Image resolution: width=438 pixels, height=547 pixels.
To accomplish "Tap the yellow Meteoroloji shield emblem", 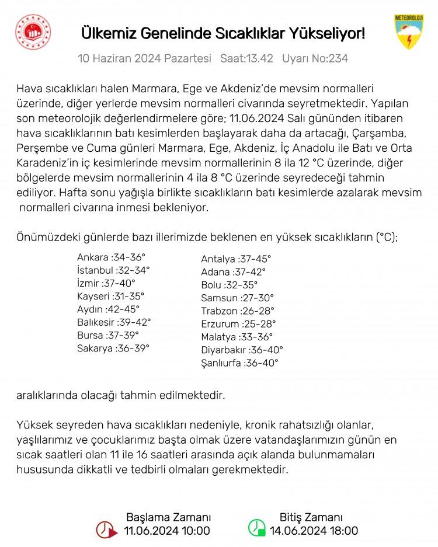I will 409,32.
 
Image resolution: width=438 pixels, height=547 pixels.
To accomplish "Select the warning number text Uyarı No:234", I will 315,59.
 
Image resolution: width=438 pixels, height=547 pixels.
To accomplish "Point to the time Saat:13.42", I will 246,59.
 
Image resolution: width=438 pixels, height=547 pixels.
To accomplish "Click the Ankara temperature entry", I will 111,257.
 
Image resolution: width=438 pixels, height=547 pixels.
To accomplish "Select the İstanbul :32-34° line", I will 113,270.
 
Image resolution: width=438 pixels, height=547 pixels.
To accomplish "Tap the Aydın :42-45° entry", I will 109,309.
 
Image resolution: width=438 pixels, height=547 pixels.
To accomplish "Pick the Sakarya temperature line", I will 113,349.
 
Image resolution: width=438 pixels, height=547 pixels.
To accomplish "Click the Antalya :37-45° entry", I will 236,259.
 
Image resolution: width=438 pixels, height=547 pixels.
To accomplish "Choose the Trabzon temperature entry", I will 237,311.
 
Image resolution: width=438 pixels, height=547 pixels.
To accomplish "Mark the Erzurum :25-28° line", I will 238,324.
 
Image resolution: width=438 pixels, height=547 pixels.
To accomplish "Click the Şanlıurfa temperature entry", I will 239,363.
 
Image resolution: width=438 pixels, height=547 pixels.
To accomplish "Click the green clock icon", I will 256,528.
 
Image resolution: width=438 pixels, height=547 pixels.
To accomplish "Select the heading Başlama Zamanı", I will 168,517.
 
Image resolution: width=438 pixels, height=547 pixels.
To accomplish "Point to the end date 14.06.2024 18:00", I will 314,531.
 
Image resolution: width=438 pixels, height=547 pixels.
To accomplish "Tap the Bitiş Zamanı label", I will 311,517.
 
